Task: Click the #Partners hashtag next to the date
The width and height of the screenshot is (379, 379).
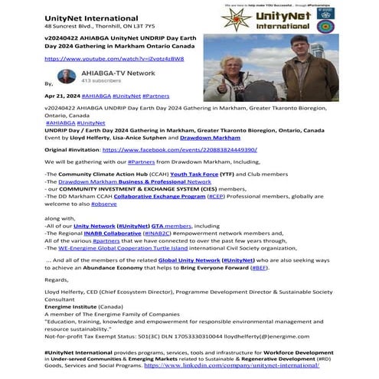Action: [x=158, y=97]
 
